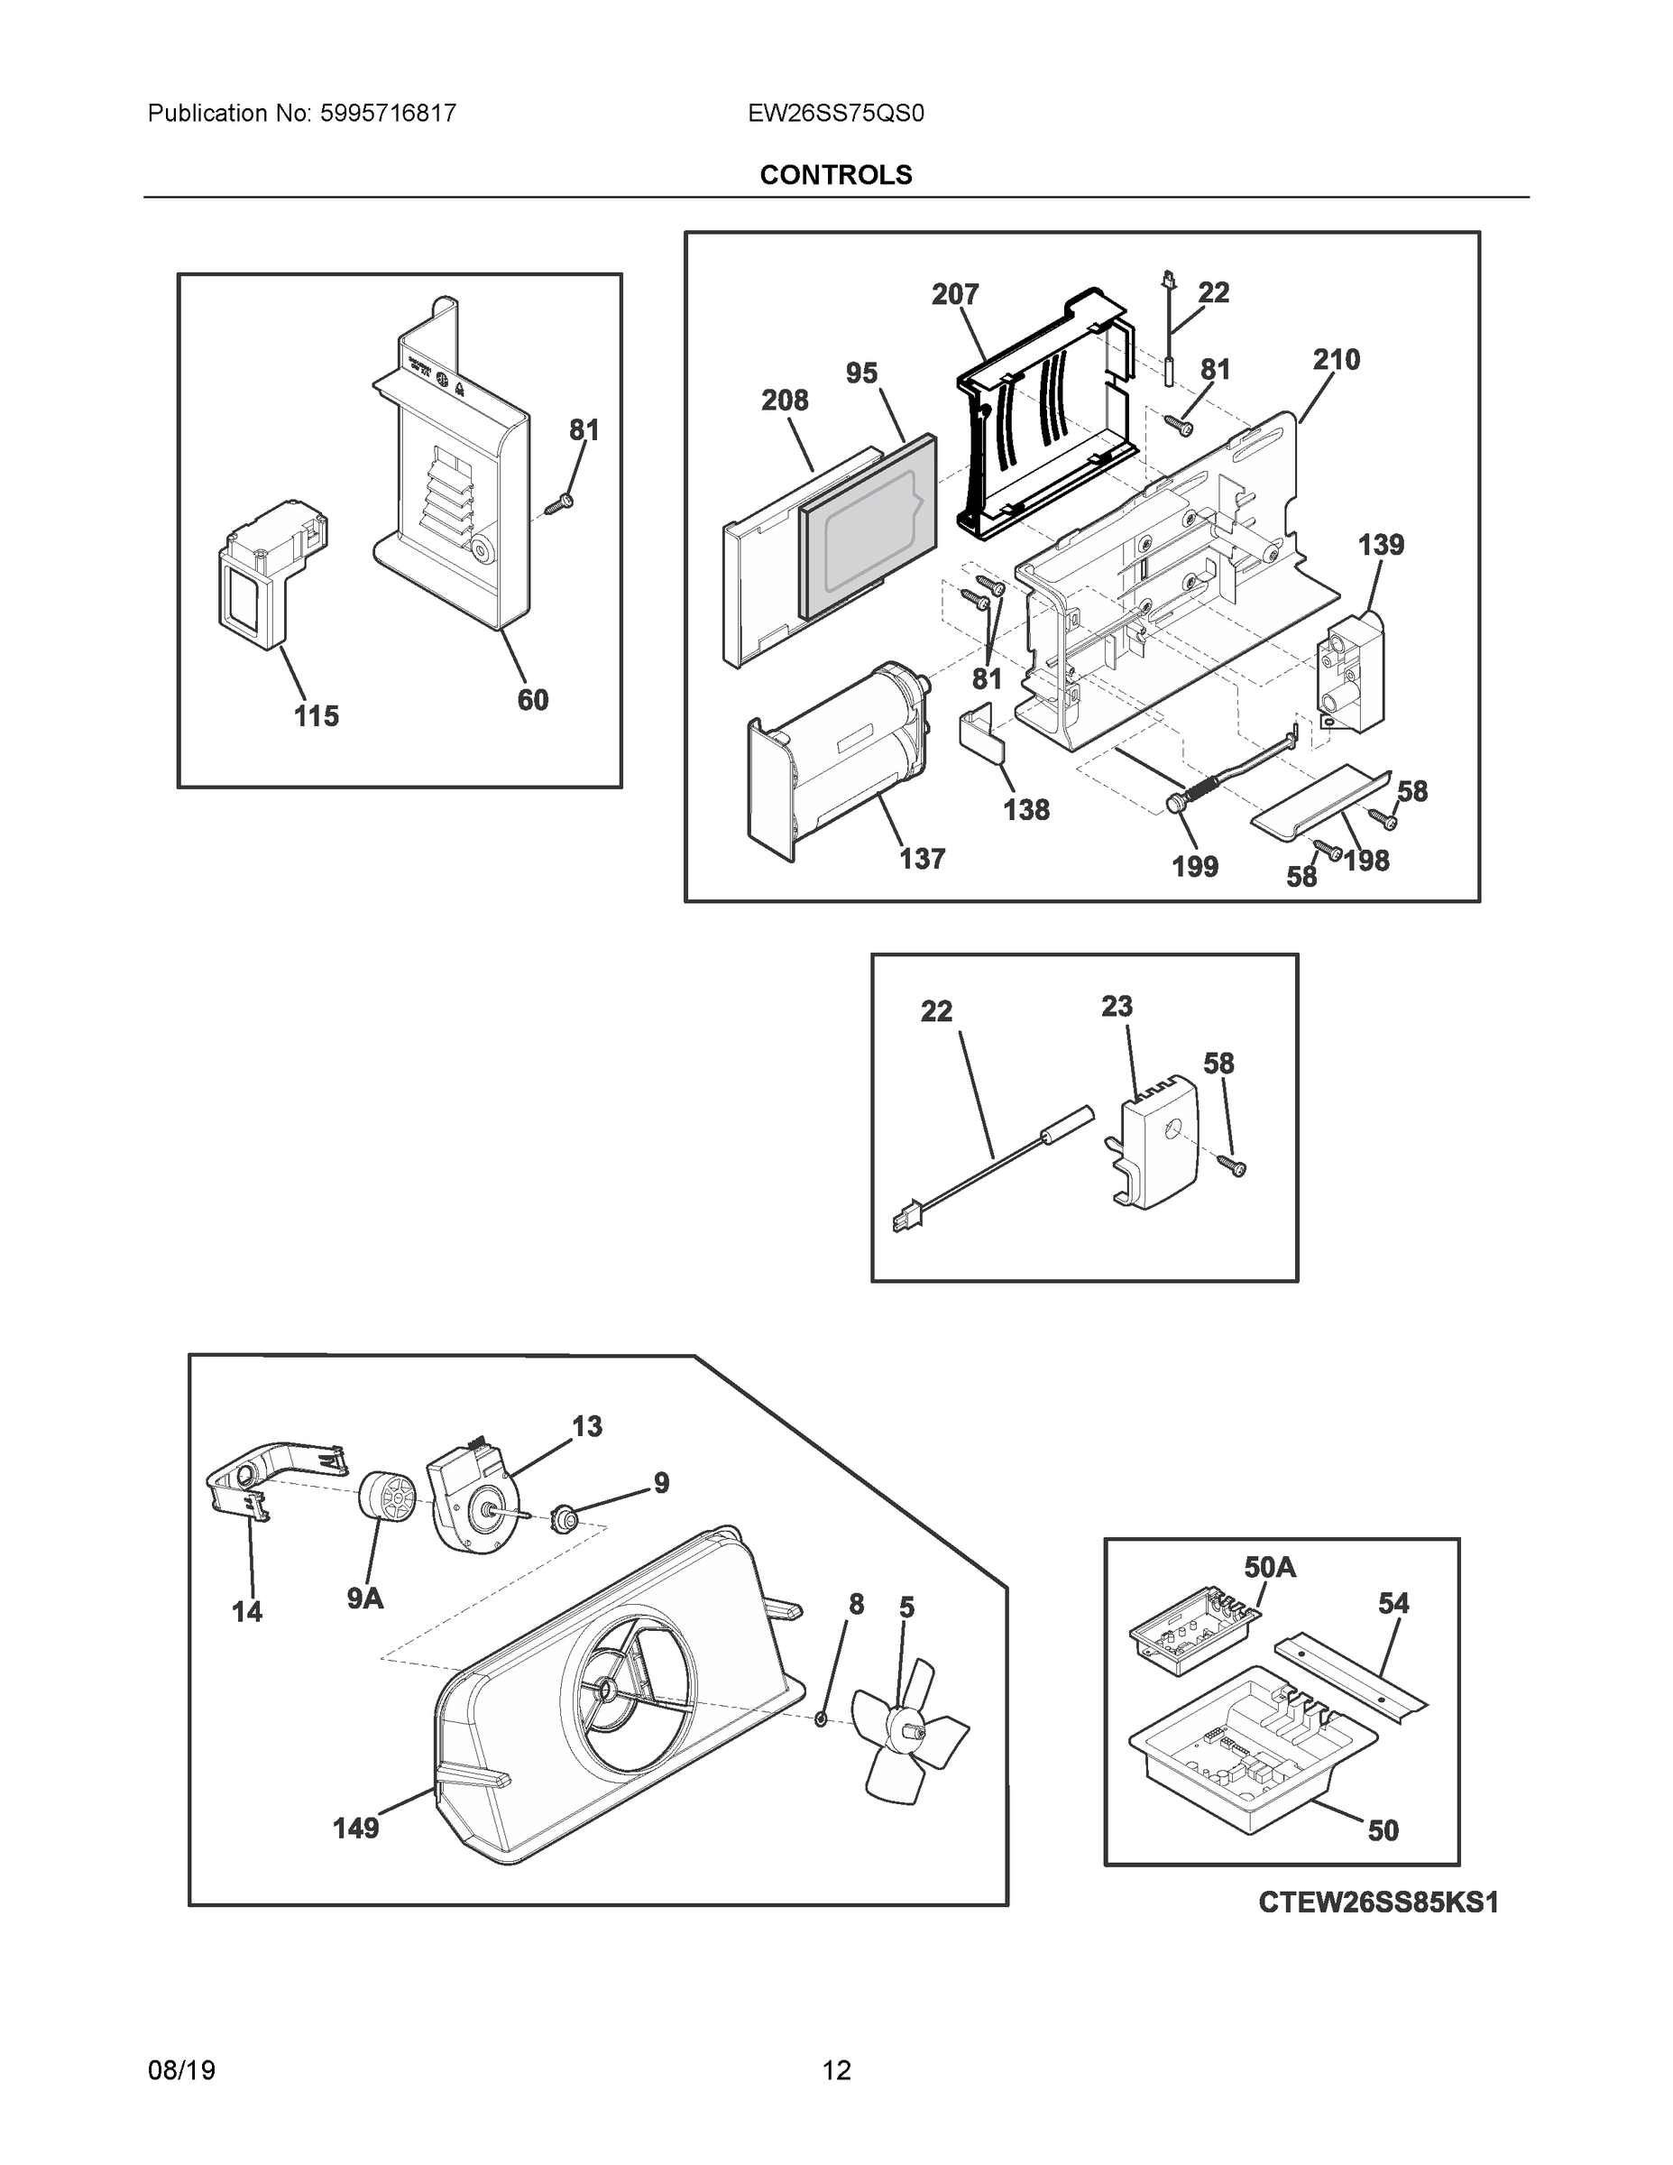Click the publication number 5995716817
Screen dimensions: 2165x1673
[388, 113]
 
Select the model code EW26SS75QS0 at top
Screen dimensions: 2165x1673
[835, 113]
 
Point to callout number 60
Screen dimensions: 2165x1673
[532, 700]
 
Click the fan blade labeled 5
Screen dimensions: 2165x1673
[910, 1732]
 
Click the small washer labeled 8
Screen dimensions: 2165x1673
[822, 1717]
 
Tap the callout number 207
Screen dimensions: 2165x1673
[954, 293]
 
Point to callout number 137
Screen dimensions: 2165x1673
[922, 859]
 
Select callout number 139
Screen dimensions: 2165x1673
[1381, 544]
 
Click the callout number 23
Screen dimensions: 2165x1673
[1117, 1006]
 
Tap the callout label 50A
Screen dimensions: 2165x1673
[1270, 1567]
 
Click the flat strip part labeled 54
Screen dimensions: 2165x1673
[1351, 1675]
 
